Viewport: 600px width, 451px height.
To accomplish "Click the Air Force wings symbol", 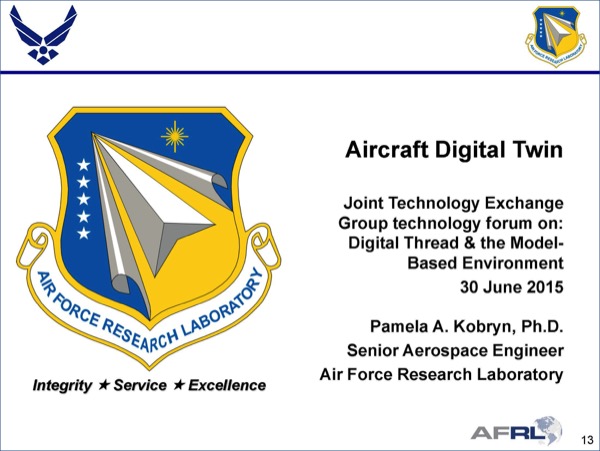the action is click(43, 35).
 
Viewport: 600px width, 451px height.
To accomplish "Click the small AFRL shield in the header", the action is click(556, 36).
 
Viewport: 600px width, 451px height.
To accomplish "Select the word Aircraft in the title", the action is click(386, 150).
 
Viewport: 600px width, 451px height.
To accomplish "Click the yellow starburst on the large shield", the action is click(174, 137).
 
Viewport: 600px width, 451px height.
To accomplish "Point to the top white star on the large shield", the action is click(83, 165).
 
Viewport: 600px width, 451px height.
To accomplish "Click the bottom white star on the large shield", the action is click(83, 233).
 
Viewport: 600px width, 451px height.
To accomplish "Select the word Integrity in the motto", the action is click(62, 386).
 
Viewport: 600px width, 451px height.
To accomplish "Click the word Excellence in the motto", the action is click(227, 385).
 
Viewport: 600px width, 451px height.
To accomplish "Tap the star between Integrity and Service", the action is click(104, 385).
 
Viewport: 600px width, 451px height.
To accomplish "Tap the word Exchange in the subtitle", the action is click(525, 203).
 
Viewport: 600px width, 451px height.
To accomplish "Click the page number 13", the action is click(587, 440).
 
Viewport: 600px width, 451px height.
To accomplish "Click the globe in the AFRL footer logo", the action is click(549, 429).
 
